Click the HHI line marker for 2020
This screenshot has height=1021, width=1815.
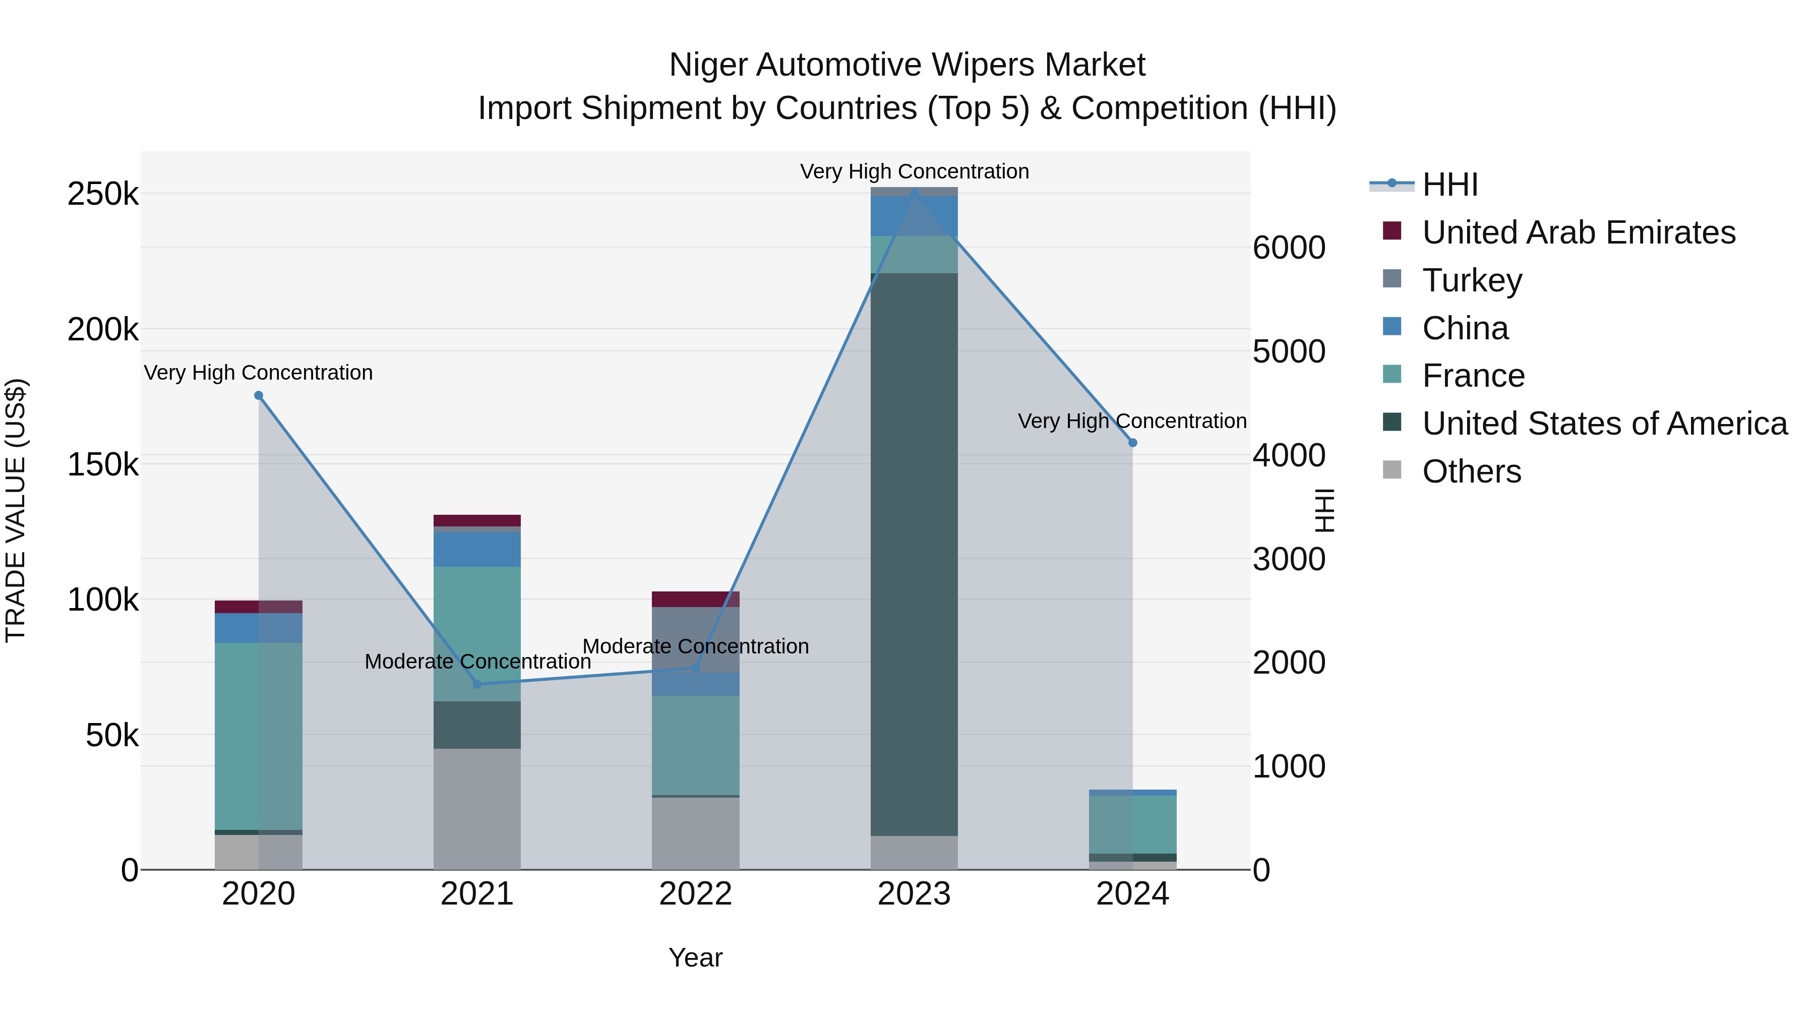tap(259, 395)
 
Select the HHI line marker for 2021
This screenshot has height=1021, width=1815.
tap(477, 684)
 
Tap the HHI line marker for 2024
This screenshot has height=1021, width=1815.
tap(1132, 443)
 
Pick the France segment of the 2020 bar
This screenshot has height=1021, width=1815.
tap(259, 736)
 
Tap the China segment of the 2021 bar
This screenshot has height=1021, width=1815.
tap(477, 549)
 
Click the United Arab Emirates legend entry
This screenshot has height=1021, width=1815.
tap(1578, 232)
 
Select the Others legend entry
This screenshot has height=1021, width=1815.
tap(1471, 471)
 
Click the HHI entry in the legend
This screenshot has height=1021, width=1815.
tap(1449, 185)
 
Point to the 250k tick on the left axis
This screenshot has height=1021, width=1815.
tap(103, 194)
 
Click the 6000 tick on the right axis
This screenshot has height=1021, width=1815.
tap(1289, 248)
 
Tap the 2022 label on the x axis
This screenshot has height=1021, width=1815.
tap(695, 894)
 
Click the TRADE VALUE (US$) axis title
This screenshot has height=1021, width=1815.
tap(16, 510)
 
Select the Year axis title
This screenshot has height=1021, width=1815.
tap(695, 957)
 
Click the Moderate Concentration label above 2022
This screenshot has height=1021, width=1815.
tap(695, 646)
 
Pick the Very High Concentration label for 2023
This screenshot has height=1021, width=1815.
tap(914, 171)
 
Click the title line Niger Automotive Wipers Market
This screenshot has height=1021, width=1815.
tap(907, 65)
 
